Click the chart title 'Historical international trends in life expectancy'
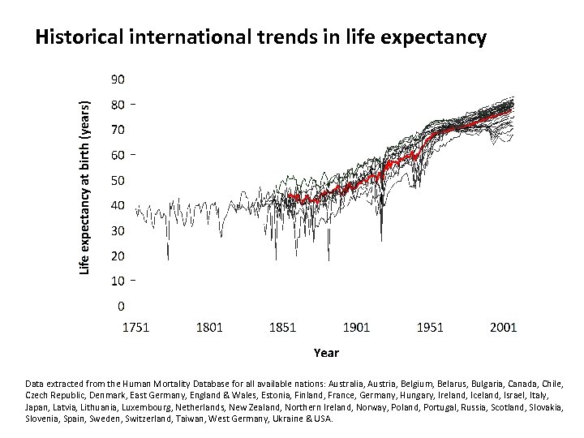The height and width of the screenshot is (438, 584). (x=261, y=37)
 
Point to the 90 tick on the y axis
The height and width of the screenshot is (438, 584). (x=118, y=79)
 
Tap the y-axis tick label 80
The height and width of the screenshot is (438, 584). (x=118, y=105)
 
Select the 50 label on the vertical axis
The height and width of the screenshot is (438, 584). (x=118, y=180)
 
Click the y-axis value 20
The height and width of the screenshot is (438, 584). (x=118, y=256)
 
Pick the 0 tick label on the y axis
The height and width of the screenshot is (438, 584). (x=122, y=307)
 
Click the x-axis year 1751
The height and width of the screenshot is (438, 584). (x=135, y=328)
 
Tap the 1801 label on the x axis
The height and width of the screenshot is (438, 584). (x=209, y=328)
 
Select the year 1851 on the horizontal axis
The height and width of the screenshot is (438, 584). (x=282, y=328)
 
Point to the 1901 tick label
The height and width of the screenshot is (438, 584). (x=356, y=328)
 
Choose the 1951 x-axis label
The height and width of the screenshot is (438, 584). (x=430, y=328)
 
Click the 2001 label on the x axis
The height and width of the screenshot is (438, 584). (x=503, y=328)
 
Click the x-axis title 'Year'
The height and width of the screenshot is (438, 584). (x=326, y=353)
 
